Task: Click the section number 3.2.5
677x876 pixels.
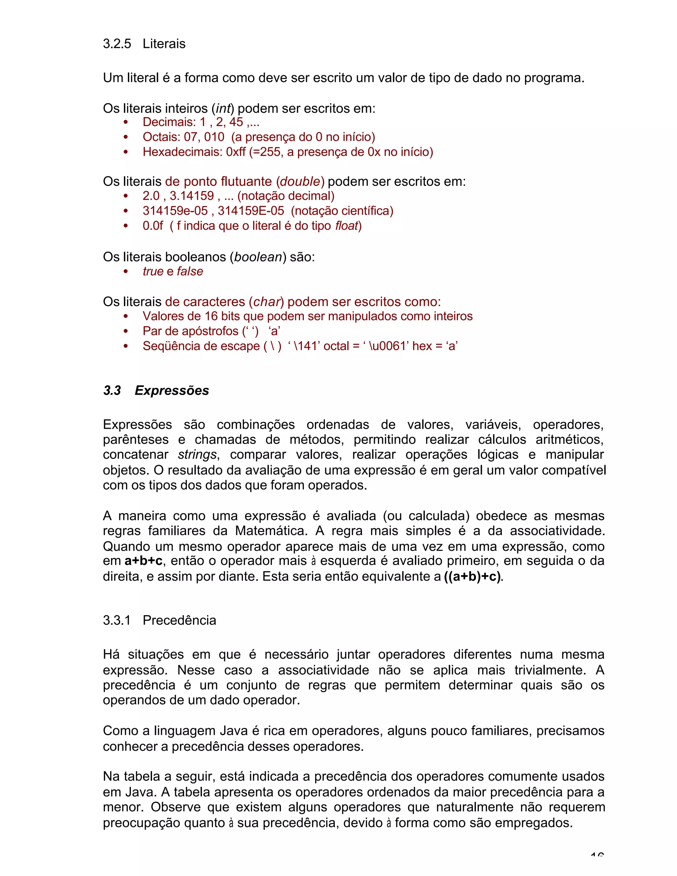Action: [117, 44]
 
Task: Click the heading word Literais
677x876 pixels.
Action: [164, 44]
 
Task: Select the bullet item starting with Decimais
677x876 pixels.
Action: [201, 122]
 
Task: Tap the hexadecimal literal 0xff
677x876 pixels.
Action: [236, 152]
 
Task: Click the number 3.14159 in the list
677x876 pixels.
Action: [192, 196]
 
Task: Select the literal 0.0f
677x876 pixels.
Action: [153, 226]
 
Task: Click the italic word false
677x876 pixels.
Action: [190, 271]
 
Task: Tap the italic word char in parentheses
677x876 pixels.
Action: [266, 301]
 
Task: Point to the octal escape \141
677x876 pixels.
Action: [306, 346]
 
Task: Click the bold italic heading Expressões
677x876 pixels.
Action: [172, 391]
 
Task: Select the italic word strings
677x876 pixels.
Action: [197, 455]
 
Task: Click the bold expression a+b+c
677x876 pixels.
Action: [143, 561]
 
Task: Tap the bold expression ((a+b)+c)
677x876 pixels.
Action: [472, 577]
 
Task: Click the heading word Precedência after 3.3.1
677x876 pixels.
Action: [179, 620]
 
